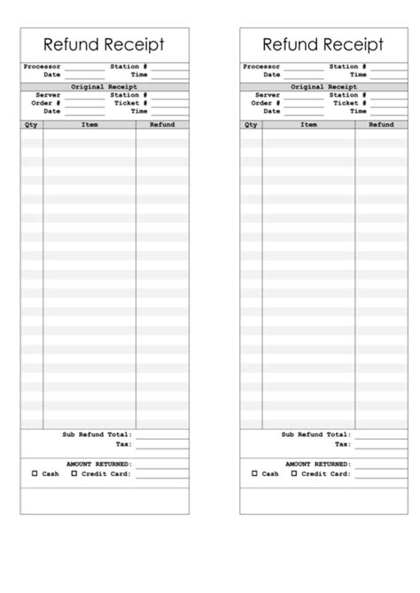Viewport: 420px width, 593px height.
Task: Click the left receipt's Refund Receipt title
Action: click(104, 45)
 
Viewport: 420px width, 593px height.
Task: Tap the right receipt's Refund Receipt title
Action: click(323, 45)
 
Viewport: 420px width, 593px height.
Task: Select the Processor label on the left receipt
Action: click(41, 66)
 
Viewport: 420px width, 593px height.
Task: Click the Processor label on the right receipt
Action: click(261, 66)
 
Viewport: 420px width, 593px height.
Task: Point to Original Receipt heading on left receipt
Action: click(104, 87)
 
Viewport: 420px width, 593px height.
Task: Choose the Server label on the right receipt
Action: click(268, 95)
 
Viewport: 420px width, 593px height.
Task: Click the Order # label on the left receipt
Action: click(46, 103)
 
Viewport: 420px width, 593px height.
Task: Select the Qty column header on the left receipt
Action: click(31, 125)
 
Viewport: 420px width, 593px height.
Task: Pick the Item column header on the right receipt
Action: click(308, 125)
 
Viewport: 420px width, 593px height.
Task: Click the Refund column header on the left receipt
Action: click(162, 125)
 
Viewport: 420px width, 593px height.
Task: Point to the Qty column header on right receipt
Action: click(251, 125)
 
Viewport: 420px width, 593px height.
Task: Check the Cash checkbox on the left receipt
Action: click(35, 473)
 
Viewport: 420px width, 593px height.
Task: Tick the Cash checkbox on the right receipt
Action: click(254, 473)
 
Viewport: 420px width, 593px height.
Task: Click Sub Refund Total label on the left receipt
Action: click(97, 434)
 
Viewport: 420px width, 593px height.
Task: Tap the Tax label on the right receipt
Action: click(342, 443)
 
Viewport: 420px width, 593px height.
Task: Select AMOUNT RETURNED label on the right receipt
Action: click(318, 464)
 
